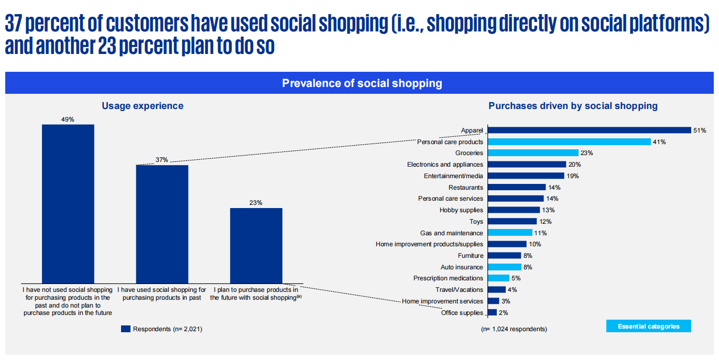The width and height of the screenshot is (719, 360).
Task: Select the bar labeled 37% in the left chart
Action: [162, 224]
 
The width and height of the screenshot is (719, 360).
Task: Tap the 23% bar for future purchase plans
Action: [256, 245]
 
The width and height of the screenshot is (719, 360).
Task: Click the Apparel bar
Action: [589, 130]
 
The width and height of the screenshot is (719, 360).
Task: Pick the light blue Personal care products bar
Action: [569, 141]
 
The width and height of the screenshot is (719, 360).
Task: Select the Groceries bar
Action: [532, 153]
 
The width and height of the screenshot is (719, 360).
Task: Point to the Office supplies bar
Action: [492, 312]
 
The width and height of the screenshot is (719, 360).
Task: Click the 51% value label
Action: [699, 130]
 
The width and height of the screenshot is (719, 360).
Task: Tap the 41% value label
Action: [659, 142]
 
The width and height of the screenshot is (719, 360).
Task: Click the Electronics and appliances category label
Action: [445, 165]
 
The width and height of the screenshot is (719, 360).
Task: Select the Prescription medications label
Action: [448, 278]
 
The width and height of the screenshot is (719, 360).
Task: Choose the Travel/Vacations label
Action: [459, 290]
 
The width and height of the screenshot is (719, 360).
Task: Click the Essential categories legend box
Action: [648, 326]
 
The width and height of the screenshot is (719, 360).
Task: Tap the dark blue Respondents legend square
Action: [125, 329]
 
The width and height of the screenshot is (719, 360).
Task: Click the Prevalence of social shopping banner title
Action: [362, 83]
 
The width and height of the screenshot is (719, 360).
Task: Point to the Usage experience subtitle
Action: [143, 106]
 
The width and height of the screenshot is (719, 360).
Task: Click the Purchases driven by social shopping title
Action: [573, 106]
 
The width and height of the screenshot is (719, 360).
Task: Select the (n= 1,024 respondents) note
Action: [514, 329]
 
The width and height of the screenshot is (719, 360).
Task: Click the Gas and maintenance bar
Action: [509, 233]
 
